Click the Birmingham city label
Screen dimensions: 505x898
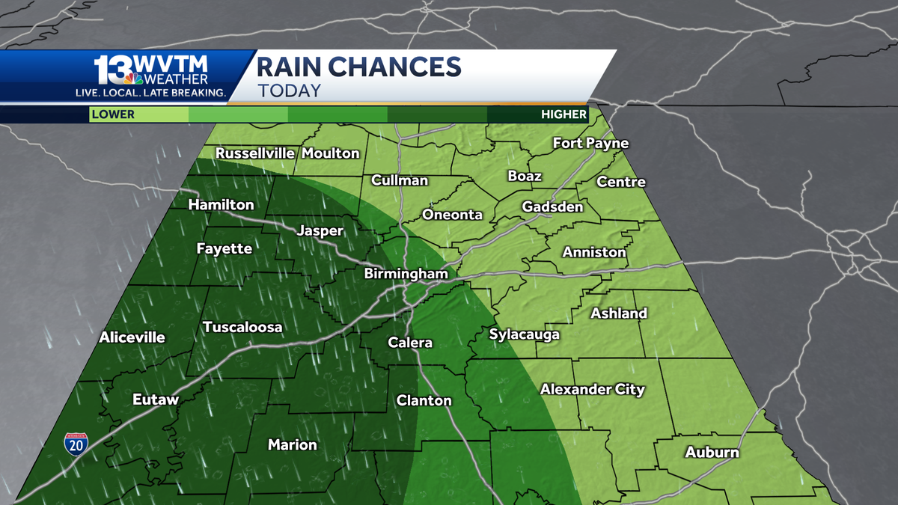[x=406, y=274]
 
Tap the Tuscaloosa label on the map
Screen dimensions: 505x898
[x=242, y=327]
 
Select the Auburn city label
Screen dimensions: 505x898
[x=712, y=452]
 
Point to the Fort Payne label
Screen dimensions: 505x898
[x=590, y=143]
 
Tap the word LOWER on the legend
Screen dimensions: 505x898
[x=113, y=114]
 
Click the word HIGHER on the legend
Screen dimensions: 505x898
[x=564, y=114]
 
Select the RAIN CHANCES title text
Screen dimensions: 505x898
[x=358, y=67]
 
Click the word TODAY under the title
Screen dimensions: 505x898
[x=289, y=91]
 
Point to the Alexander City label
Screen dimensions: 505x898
[x=592, y=389]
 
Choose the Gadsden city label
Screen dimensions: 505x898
[x=552, y=206]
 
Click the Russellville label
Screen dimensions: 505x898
[x=255, y=153]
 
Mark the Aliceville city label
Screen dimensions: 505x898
[x=132, y=337]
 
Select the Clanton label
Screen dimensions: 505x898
[x=424, y=400]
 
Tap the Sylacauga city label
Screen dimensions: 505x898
[x=524, y=334]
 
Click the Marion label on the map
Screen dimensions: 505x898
[x=293, y=444]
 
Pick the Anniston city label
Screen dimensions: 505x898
[x=594, y=252]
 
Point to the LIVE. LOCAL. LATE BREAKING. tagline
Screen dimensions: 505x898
[x=151, y=92]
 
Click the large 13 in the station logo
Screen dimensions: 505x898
[x=112, y=69]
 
